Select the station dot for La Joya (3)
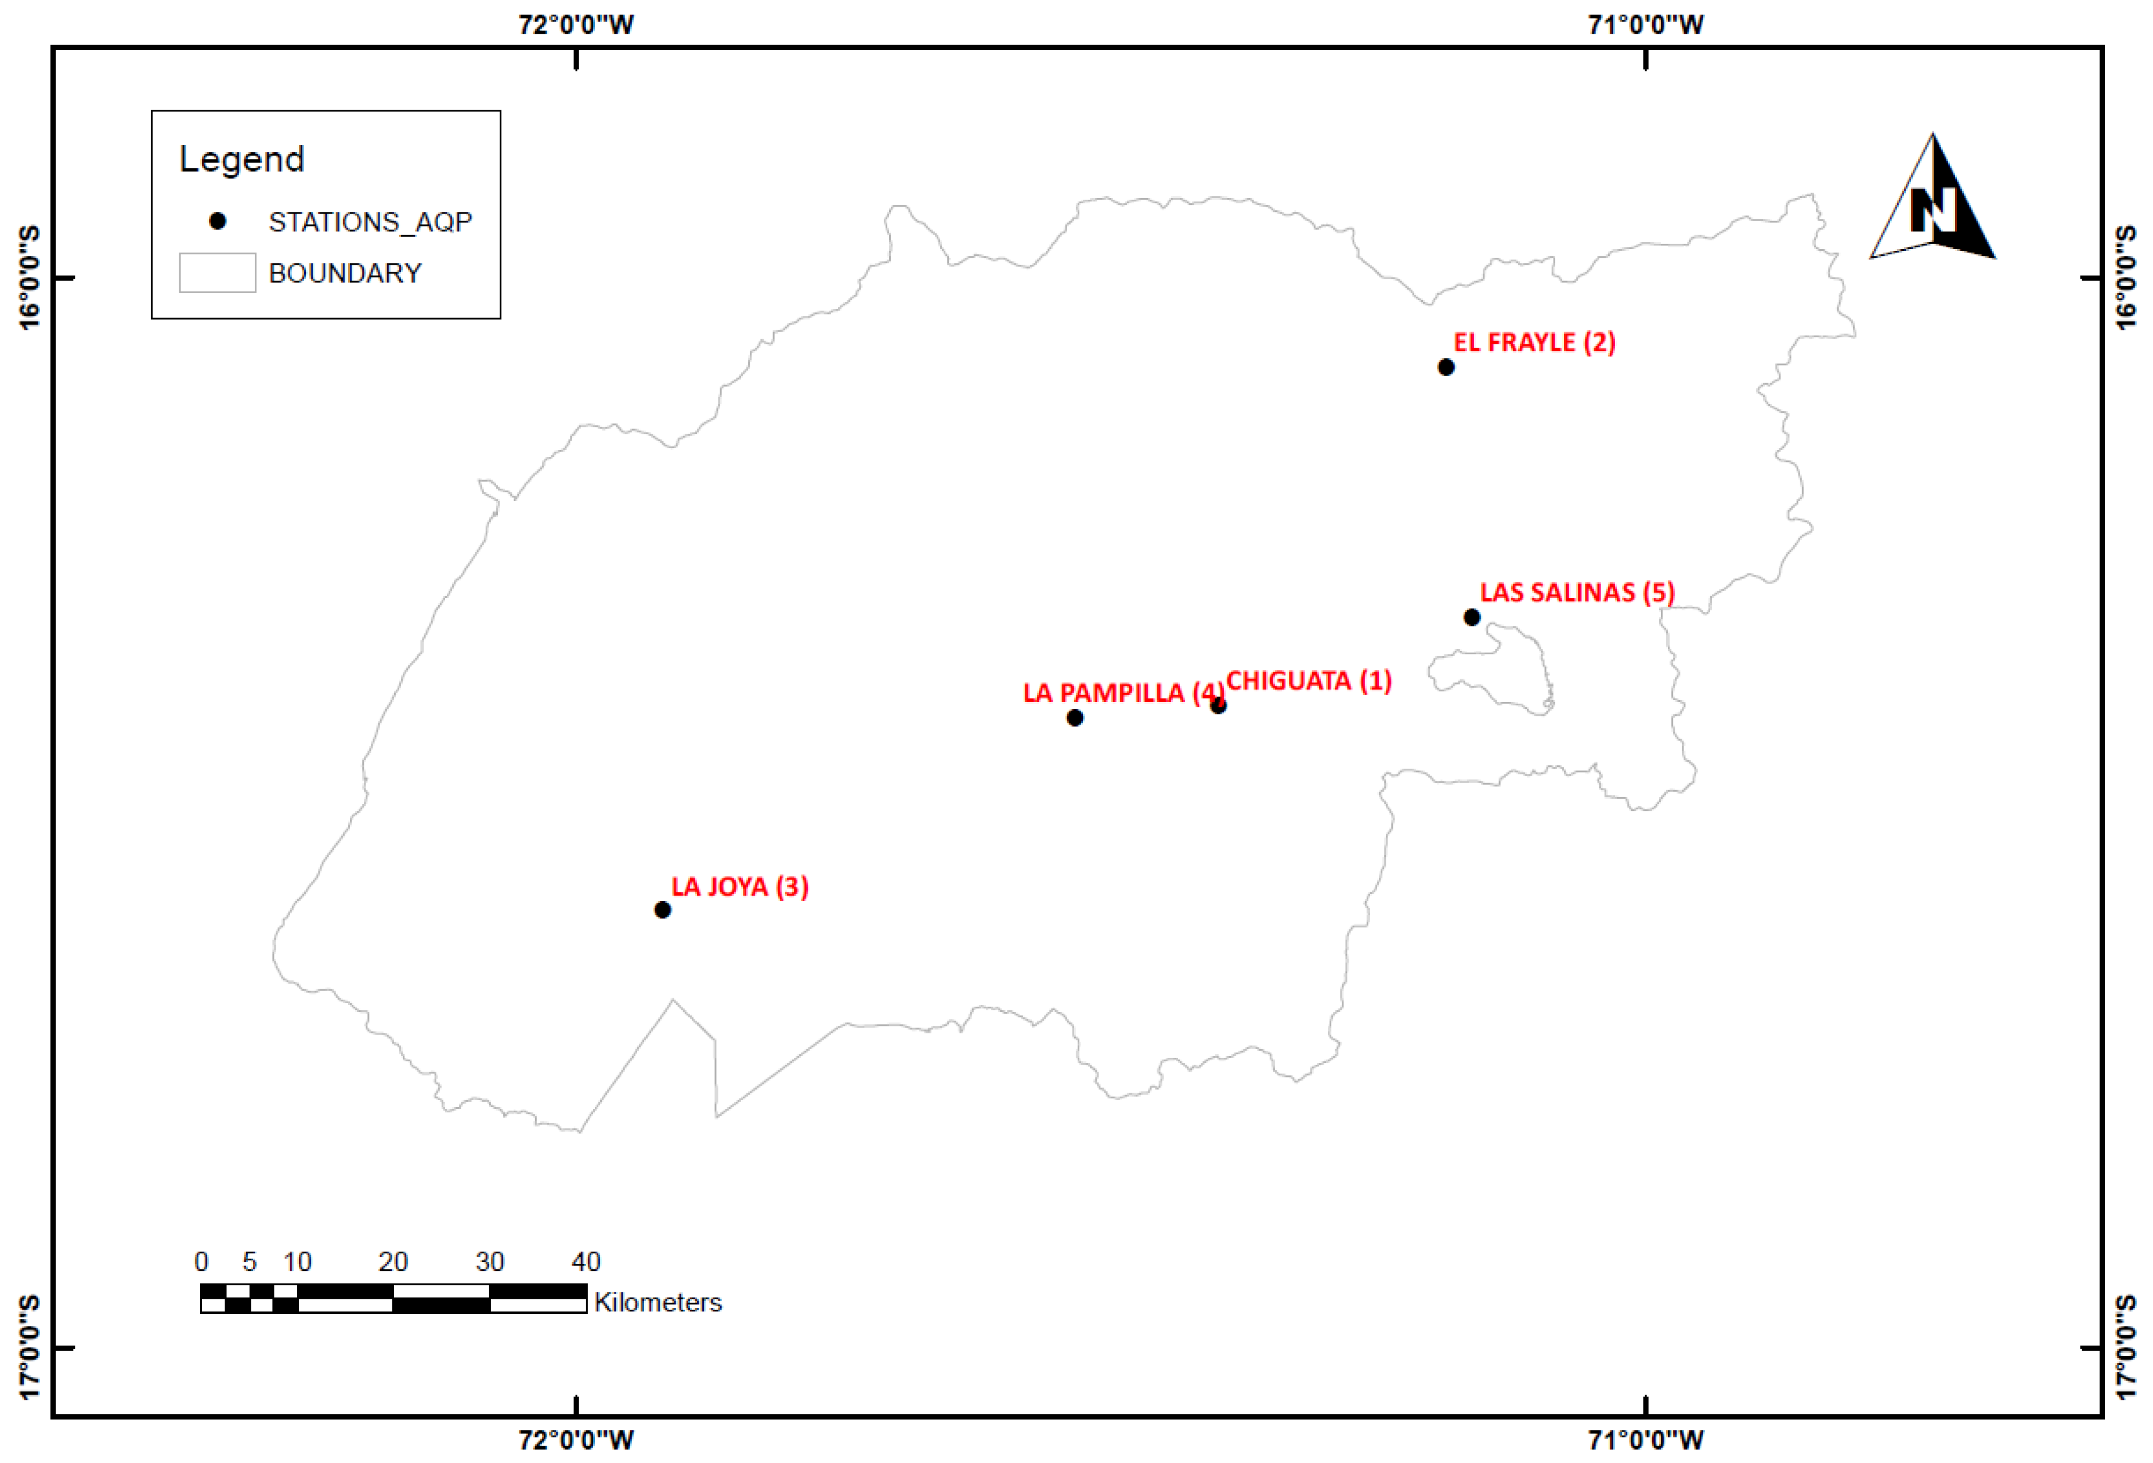click(662, 910)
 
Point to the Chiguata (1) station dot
click(1218, 706)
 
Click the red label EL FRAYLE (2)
click(1534, 343)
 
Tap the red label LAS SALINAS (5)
click(1577, 593)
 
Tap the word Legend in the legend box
click(242, 160)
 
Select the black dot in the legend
click(218, 221)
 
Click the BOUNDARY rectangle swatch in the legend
click(218, 273)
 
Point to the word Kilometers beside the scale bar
click(658, 1303)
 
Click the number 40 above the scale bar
click(586, 1262)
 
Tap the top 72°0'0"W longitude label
click(576, 24)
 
